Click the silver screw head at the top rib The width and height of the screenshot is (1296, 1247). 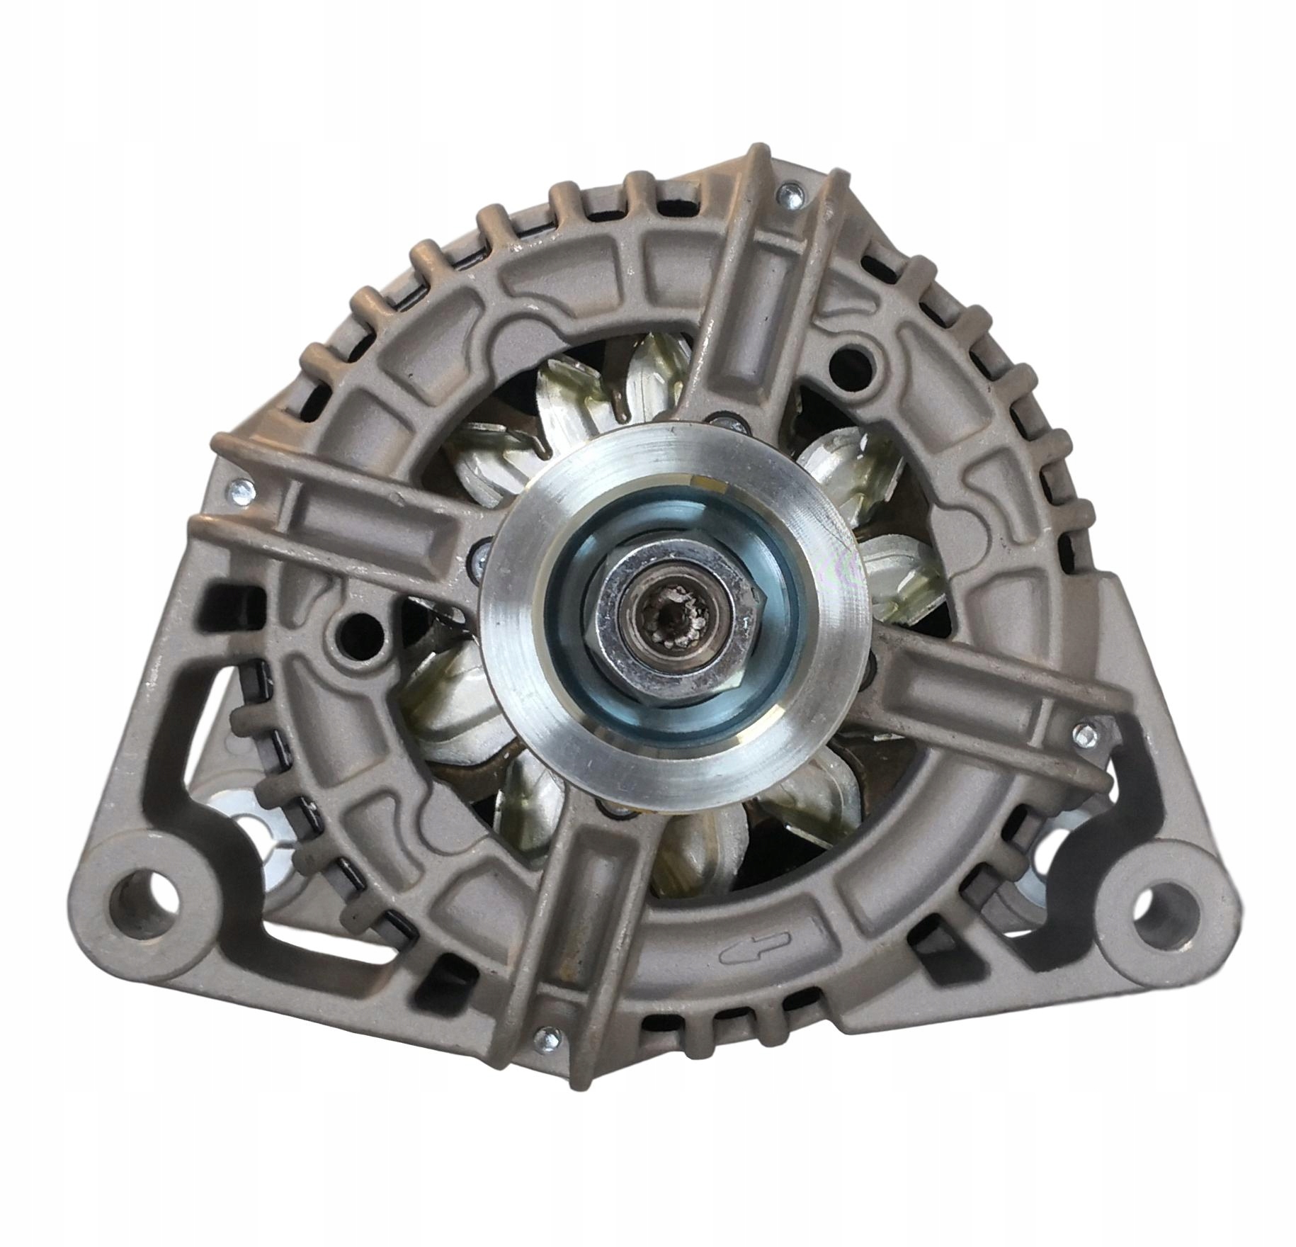coord(790,195)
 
